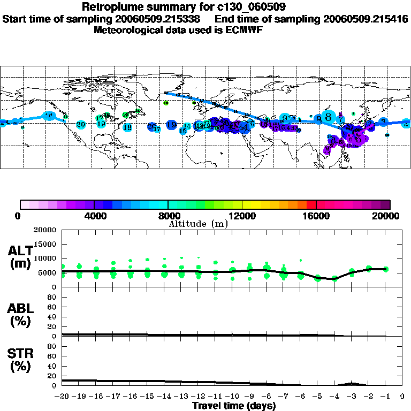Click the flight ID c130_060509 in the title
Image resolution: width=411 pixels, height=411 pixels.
[x=247, y=7]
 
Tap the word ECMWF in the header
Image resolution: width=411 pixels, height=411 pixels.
[x=243, y=30]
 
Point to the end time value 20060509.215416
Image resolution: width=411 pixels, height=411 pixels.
[x=366, y=19]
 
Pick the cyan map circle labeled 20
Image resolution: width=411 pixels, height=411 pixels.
[x=81, y=125]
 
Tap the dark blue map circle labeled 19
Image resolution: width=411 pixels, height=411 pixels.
[x=171, y=125]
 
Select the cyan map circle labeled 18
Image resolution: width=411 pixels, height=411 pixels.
[x=127, y=127]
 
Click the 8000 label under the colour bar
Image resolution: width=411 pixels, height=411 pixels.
[x=168, y=216]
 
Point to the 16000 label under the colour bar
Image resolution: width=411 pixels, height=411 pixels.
[x=316, y=216]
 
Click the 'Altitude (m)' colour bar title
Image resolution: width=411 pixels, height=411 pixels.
[x=198, y=223]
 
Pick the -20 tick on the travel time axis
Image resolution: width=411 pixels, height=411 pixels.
[x=62, y=397]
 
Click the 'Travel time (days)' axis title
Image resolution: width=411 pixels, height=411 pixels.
[x=234, y=406]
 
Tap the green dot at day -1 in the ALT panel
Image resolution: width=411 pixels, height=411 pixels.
[x=385, y=269]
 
